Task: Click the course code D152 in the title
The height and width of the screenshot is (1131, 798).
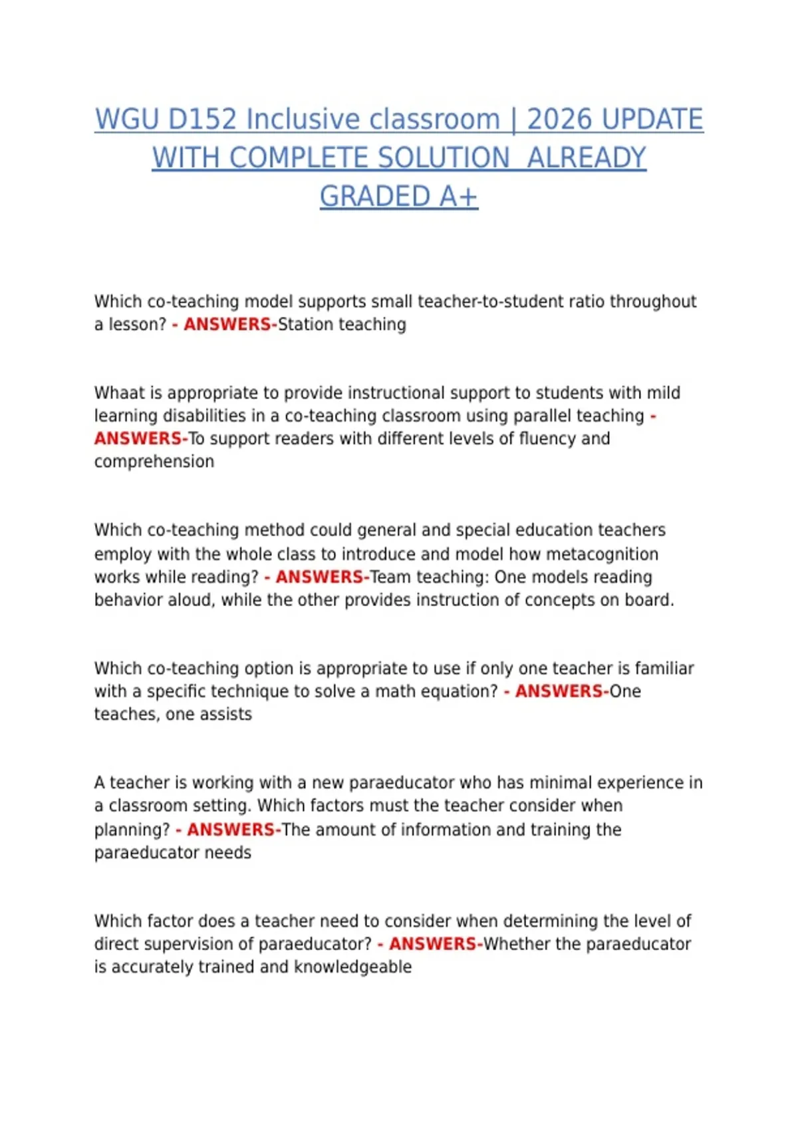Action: (202, 120)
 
